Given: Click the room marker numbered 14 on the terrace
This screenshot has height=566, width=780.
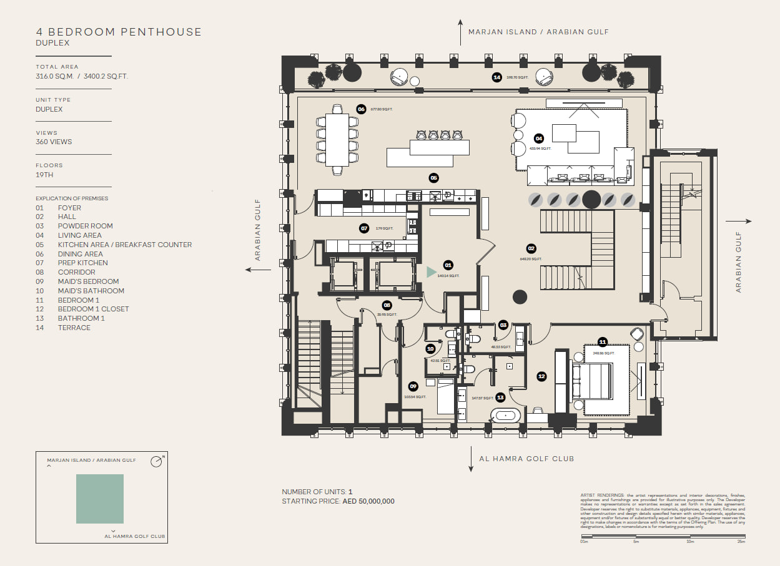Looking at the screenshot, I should (497, 77).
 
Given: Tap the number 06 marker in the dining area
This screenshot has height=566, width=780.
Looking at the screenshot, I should (361, 109).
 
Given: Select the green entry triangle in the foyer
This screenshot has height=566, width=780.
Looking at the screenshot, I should (431, 272).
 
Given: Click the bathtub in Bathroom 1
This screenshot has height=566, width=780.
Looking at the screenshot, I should (505, 415).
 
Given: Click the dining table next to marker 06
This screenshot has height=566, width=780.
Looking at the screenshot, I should (337, 140).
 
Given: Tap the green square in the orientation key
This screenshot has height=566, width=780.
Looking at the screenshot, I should (100, 499).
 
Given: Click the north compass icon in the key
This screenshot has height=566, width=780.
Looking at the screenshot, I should (156, 462).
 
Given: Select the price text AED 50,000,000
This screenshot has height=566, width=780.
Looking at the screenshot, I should (368, 501).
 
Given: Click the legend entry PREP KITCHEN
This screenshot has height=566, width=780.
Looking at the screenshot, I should (82, 263).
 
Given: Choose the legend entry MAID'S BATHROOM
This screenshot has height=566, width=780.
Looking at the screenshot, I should (91, 291).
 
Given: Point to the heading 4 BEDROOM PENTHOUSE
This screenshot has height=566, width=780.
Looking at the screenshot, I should (119, 32).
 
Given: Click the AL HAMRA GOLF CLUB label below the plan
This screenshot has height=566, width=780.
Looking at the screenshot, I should (526, 459).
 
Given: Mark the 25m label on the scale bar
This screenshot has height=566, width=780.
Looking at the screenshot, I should (741, 541).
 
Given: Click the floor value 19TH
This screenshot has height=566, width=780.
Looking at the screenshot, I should (44, 175).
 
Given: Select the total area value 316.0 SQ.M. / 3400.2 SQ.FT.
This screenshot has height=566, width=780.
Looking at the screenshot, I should (82, 76).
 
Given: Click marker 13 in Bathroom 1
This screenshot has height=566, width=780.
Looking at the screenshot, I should (500, 398).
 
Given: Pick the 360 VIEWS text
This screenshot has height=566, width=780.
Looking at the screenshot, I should (54, 142).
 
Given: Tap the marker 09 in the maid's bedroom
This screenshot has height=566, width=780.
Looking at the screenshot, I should (413, 386).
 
